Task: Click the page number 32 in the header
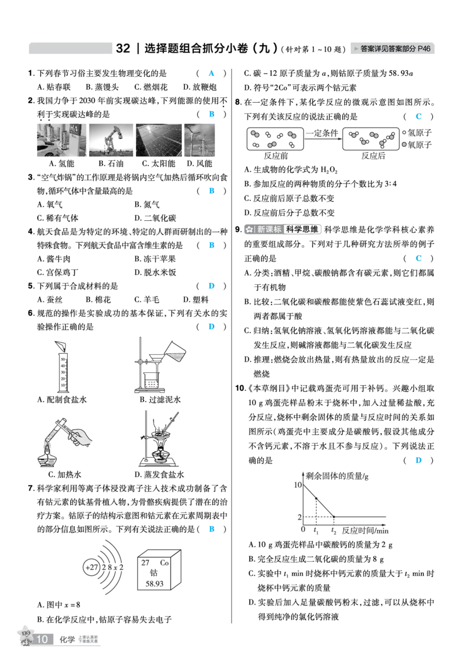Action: click(x=123, y=49)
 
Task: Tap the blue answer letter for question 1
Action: click(x=211, y=73)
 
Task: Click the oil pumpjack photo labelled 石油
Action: click(x=111, y=140)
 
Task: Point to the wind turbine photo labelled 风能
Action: click(x=199, y=140)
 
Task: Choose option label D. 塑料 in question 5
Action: click(x=196, y=299)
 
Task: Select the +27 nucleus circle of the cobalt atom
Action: click(x=92, y=567)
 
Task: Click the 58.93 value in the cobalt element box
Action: click(x=154, y=584)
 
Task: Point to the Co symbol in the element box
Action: click(x=164, y=563)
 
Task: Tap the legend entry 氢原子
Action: click(x=417, y=133)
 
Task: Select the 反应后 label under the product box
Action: click(x=373, y=156)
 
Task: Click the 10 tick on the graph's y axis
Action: click(x=298, y=485)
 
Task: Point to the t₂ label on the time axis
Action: click(x=334, y=531)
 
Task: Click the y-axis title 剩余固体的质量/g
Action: click(x=337, y=476)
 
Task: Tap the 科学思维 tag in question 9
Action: click(x=302, y=229)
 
